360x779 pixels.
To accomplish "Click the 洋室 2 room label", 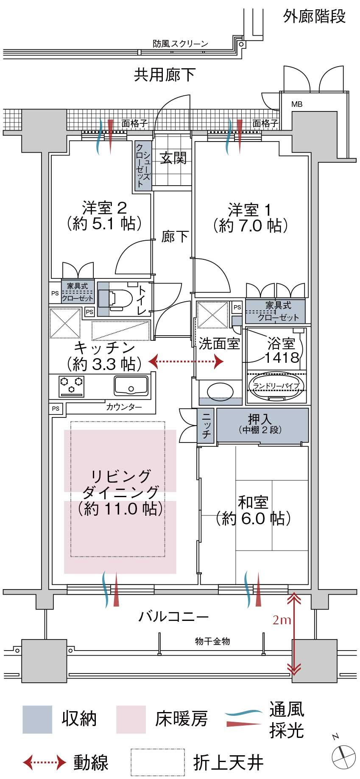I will coord(104,209).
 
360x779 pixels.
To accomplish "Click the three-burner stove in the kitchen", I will coord(72,385).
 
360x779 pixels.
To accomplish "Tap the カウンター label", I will coord(124,408).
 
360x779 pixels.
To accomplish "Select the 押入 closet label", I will coord(259,420).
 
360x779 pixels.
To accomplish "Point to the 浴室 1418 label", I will coord(282,350).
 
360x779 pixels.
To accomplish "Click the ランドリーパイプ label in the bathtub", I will coord(276,386).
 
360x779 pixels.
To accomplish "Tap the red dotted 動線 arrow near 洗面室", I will coord(186,362).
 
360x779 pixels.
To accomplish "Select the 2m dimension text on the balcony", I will coord(282,620).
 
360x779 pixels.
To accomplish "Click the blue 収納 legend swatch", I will coord(37,719).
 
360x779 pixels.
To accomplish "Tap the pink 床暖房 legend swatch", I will coord(131,719).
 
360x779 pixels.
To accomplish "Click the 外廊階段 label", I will coord(314,17).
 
